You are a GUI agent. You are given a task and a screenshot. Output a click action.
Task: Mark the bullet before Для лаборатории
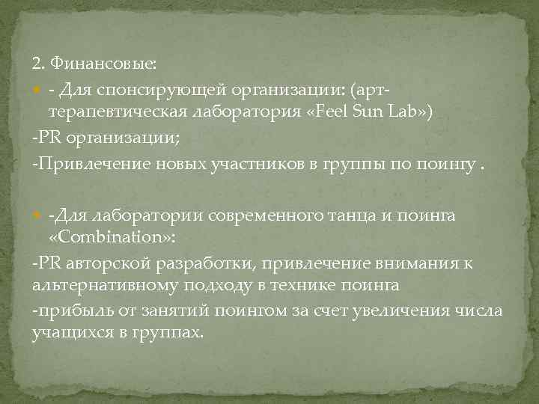(37, 215)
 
